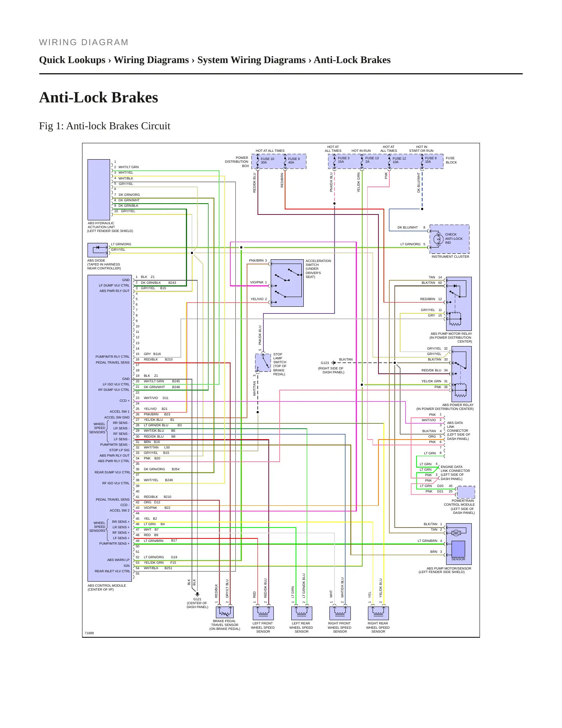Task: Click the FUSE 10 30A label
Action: pos(267,160)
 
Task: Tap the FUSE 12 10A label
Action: pos(399,160)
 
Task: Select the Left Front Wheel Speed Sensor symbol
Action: pos(263,613)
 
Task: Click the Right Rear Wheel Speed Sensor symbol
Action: pos(378,613)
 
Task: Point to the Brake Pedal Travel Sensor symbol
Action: pos(225,612)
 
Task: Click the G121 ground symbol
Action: pos(197,594)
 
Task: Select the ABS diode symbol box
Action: pos(98,250)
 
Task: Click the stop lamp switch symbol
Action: pos(263,362)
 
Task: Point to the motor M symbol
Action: pos(456,533)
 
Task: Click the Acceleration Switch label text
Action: pos(318,269)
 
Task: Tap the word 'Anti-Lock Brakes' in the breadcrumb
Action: pos(352,60)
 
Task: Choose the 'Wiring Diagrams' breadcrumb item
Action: pos(151,60)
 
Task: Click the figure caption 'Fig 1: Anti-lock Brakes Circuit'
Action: pos(105,126)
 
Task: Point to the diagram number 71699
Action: pos(89,633)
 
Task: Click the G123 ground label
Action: pos(325,363)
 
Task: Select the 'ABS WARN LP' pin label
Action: pos(118,560)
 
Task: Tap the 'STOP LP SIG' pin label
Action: pos(119,450)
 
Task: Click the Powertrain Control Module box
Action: pos(466,492)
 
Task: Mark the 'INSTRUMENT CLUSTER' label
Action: pos(450,257)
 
